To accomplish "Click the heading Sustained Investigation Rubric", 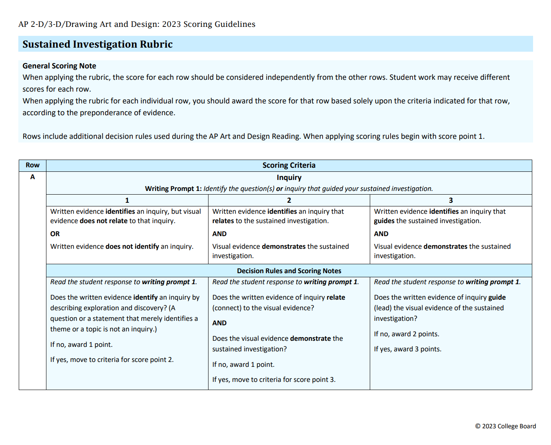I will click(97, 44).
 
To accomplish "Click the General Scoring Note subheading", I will click(59, 66).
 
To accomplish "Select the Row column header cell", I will click(33, 165).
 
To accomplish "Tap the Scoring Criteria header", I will click(289, 165).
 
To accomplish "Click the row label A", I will click(33, 177).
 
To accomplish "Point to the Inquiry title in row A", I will click(289, 178).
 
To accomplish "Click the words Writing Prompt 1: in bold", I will click(173, 189).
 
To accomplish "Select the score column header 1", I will click(127, 200).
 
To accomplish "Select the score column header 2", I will click(289, 200).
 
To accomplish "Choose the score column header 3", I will click(450, 200).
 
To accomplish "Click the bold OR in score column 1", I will click(55, 234).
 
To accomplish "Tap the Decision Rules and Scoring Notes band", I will click(289, 271).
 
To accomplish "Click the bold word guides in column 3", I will click(384, 221).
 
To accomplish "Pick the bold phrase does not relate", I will click(103, 221).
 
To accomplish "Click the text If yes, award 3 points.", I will click(407, 349).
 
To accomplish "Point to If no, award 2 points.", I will click(406, 334).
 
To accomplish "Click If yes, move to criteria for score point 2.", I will click(112, 360).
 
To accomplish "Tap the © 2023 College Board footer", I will click(505, 426).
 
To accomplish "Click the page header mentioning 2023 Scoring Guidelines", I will click(137, 24).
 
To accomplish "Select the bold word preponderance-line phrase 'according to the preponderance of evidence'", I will click(99, 113).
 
